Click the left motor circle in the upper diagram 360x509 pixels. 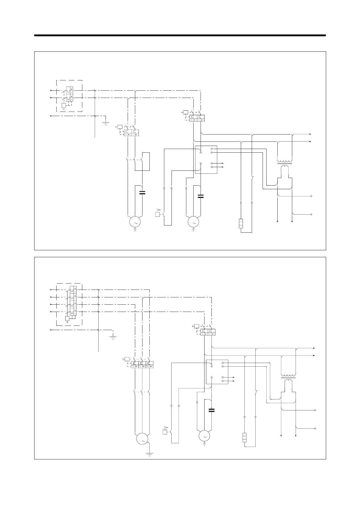coord(135,222)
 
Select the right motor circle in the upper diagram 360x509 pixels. coord(194,222)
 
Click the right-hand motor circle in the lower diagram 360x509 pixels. coord(204,436)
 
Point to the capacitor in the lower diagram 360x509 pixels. coord(211,410)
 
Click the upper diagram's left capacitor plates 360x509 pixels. coord(142,193)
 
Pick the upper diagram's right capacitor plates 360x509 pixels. coord(201,196)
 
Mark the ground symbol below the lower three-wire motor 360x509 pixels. coord(149,454)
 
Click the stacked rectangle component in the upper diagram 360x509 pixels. coord(241,223)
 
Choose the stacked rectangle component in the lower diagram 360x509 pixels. coord(245,437)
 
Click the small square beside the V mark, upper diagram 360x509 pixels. coord(157,215)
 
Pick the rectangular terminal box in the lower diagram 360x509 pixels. coord(217,372)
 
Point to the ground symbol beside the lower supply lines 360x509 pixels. coord(113,337)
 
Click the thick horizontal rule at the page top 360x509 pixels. coord(180,35)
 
